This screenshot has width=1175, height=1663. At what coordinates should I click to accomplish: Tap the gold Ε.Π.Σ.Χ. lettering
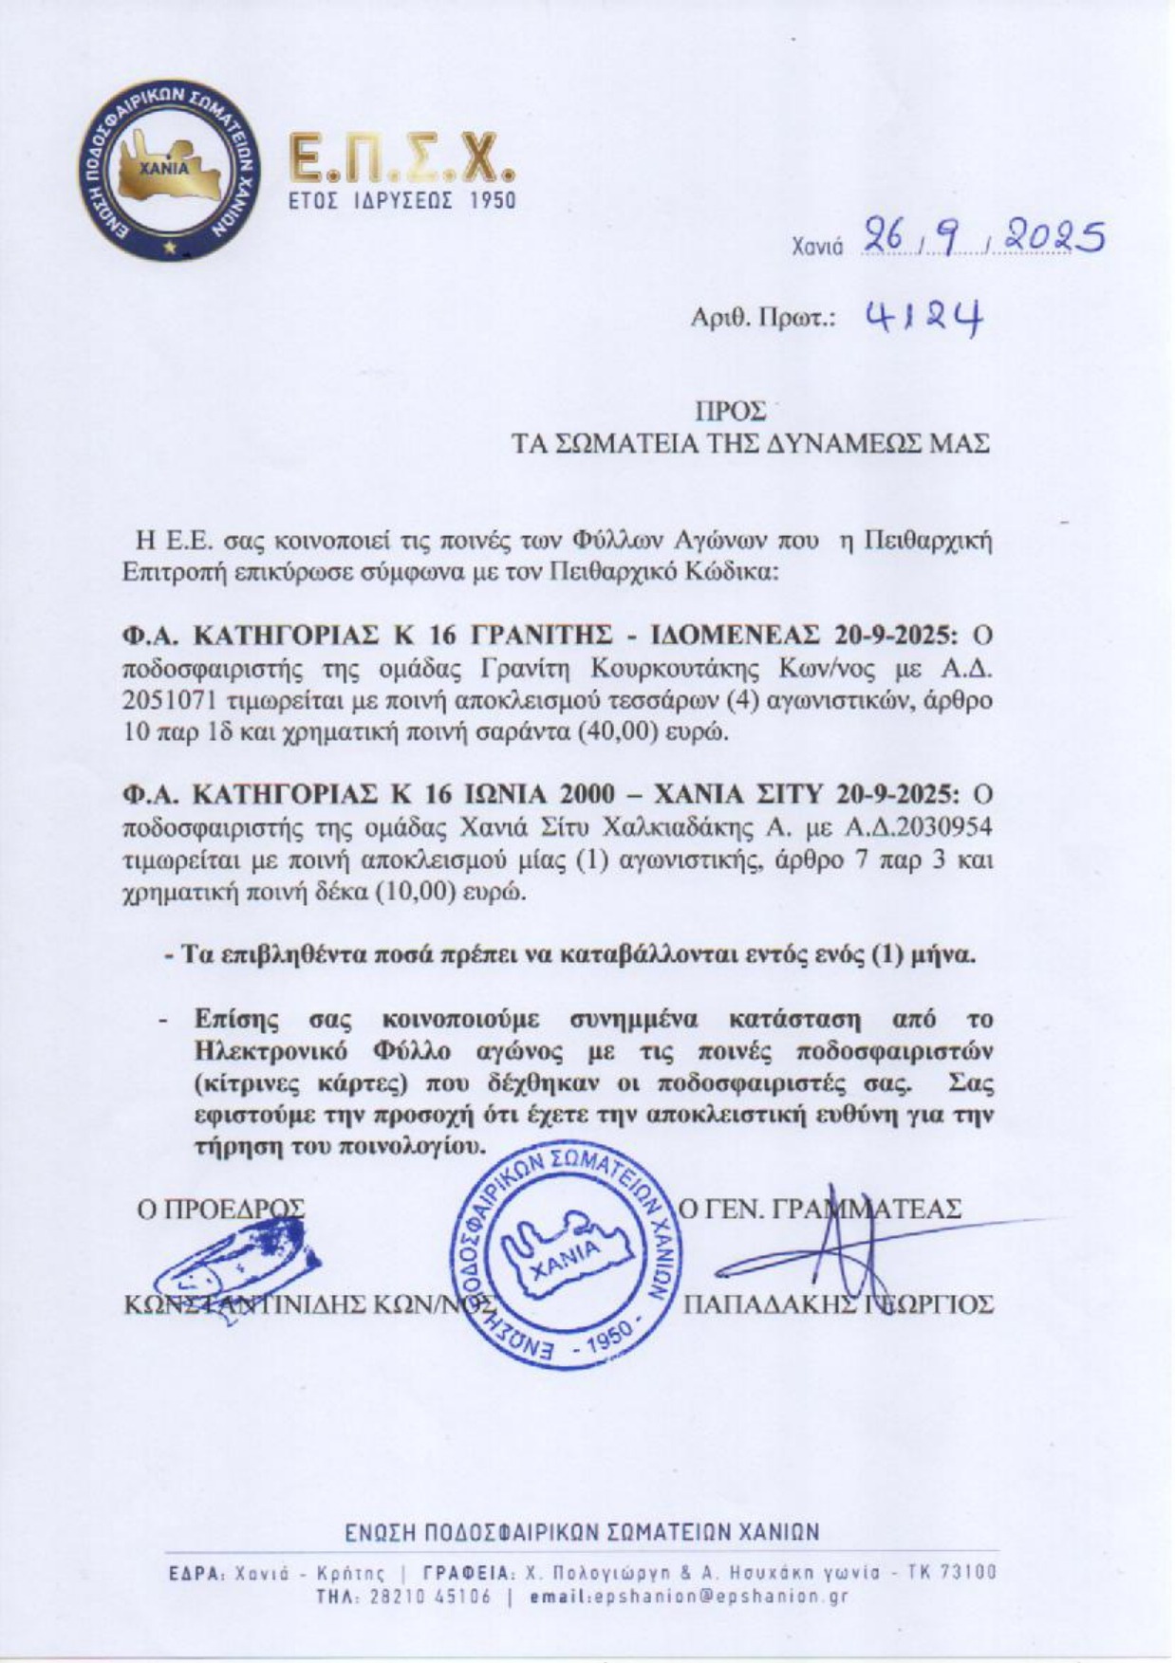(402, 158)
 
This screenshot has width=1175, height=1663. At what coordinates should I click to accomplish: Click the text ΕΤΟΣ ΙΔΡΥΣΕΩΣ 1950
(401, 200)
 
